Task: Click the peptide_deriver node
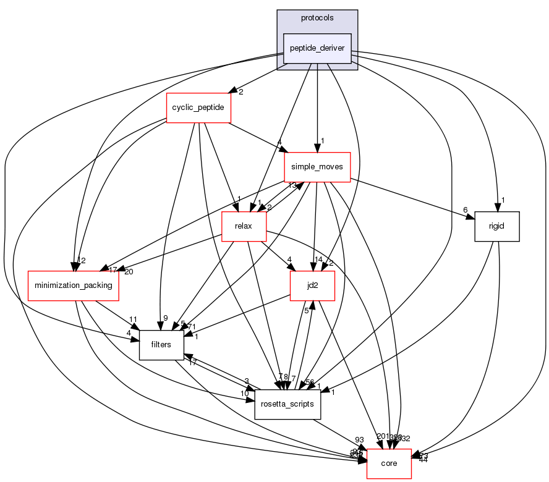tap(317, 48)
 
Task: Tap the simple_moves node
tap(317, 167)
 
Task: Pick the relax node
tap(244, 226)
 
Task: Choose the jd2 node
tap(313, 285)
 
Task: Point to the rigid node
tap(496, 226)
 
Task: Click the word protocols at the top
tap(317, 17)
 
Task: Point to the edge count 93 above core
tap(359, 440)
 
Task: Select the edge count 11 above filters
tap(132, 319)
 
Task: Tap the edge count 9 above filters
tap(165, 318)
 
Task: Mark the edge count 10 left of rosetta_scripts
tap(245, 394)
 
